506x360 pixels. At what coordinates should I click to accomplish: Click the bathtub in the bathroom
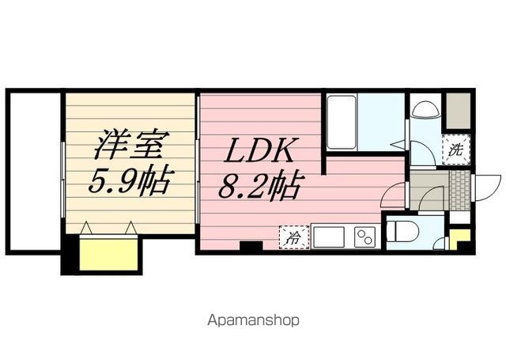341,122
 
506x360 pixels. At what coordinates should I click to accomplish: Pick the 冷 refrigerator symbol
293,237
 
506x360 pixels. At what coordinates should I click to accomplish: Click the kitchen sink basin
329,237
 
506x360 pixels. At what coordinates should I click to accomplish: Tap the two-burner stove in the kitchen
364,237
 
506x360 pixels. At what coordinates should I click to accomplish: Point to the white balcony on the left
35,171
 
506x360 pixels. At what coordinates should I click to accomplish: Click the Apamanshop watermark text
253,321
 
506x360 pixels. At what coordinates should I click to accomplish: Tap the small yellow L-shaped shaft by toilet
459,238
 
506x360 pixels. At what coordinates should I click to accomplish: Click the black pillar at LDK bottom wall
251,247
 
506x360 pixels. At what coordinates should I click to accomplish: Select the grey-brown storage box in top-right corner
458,112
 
